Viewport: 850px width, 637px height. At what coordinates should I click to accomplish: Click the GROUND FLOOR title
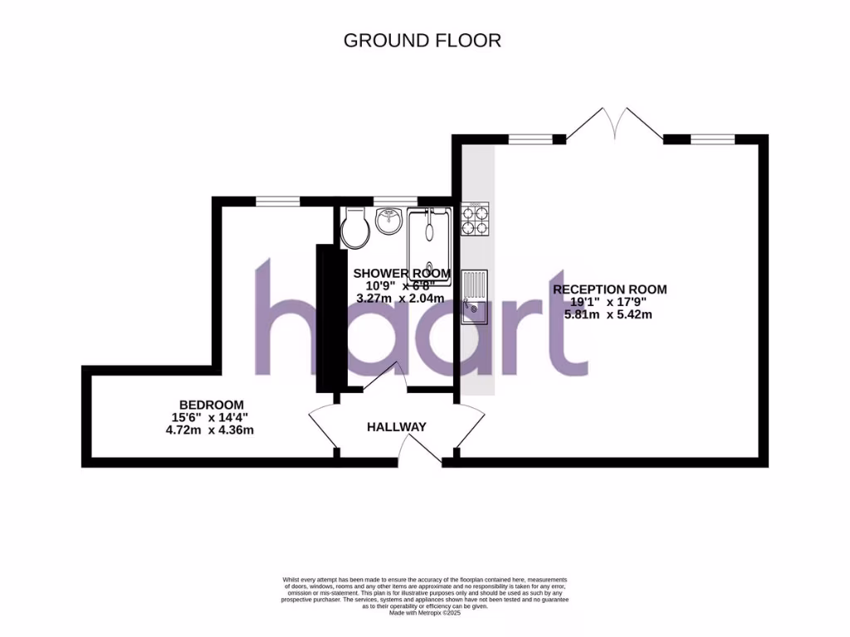(423, 40)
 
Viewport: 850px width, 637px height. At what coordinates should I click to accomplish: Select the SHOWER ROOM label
(402, 274)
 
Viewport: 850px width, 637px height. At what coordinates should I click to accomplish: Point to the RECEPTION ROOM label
(609, 289)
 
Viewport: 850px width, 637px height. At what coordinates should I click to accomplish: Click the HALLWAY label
(397, 427)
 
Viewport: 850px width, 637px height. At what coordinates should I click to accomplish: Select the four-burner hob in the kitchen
(476, 218)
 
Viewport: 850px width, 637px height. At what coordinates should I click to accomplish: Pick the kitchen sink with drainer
(476, 297)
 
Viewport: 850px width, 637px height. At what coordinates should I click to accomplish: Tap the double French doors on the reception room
(615, 124)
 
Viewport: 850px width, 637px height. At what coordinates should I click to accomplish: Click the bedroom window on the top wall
(277, 201)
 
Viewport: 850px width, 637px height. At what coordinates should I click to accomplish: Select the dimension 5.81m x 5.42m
(608, 314)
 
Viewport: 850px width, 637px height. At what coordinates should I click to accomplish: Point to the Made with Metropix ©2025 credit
(425, 613)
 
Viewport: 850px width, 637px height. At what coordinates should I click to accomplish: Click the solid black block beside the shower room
(325, 318)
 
